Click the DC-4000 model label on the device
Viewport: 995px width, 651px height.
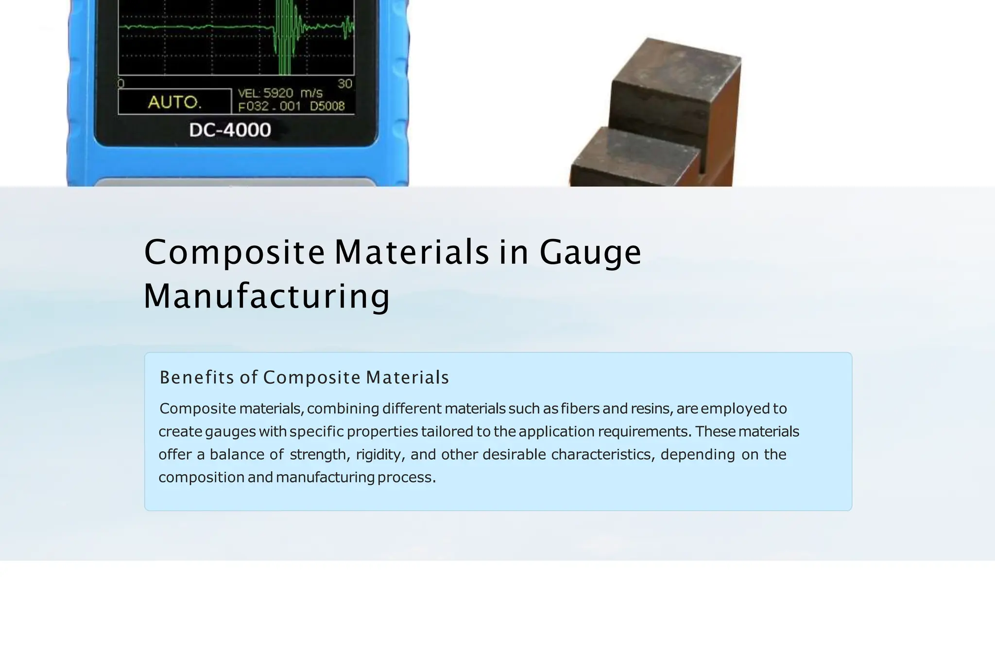[x=230, y=130]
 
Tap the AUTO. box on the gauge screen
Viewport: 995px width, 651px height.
[x=174, y=102]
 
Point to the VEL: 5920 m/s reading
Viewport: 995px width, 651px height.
[x=280, y=93]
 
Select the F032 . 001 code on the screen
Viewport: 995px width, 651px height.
[x=270, y=106]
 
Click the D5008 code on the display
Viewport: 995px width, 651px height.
[x=327, y=106]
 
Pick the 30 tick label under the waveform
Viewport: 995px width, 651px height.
[x=345, y=84]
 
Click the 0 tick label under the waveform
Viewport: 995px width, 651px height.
[x=121, y=84]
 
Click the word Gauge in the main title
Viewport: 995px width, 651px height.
[x=590, y=252]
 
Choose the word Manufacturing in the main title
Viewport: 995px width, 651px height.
[x=267, y=296]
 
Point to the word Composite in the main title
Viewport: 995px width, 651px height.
[x=234, y=252]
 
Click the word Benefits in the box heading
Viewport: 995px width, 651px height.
[x=197, y=377]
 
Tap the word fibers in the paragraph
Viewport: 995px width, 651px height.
[x=580, y=409]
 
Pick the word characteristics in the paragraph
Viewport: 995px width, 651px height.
[x=603, y=455]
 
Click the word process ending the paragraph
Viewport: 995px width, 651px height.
[x=406, y=478]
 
